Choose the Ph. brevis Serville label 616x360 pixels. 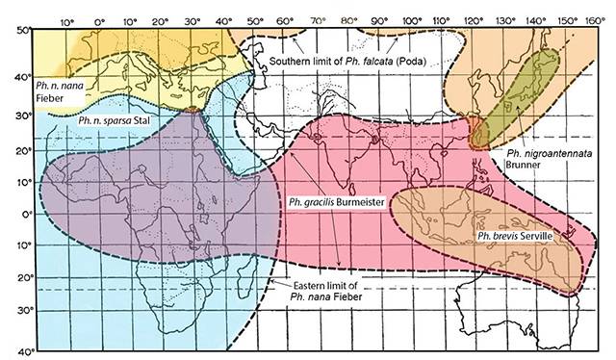click(512, 235)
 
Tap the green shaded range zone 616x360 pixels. click(520, 96)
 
